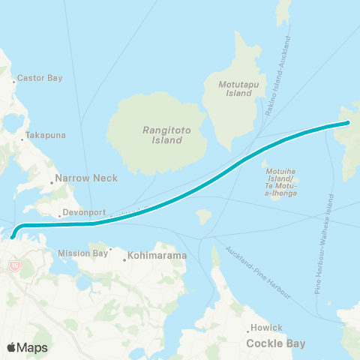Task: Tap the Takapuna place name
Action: click(x=41, y=135)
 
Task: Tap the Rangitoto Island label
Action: click(x=163, y=135)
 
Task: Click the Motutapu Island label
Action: click(x=238, y=90)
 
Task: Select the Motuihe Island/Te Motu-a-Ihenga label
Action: click(x=282, y=181)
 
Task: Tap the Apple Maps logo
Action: click(x=27, y=347)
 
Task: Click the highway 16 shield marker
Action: click(x=14, y=265)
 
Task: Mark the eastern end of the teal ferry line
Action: click(x=349, y=122)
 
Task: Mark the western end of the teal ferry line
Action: click(x=12, y=237)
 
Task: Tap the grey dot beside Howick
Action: click(x=248, y=331)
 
